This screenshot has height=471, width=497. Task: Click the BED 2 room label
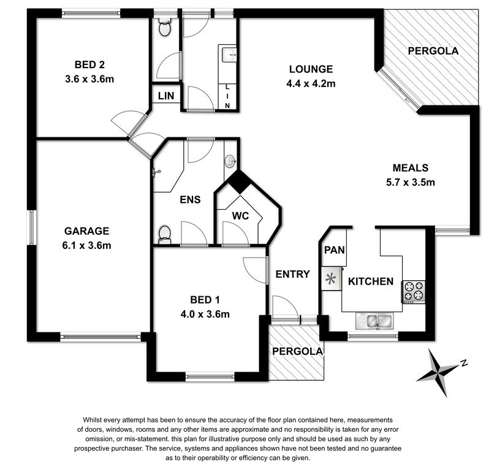pyautogui.click(x=89, y=65)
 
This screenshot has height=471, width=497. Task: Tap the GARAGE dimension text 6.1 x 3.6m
pyautogui.click(x=86, y=245)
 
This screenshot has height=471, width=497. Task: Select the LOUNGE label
pyautogui.click(x=311, y=69)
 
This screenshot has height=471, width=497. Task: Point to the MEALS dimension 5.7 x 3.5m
pyautogui.click(x=411, y=182)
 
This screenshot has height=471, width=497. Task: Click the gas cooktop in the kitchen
pyautogui.click(x=414, y=292)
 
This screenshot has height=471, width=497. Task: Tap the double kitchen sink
pyautogui.click(x=374, y=321)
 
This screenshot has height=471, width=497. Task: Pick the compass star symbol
pyautogui.click(x=438, y=372)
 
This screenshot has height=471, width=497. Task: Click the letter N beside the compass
pyautogui.click(x=465, y=363)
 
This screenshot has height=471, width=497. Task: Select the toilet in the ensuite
pyautogui.click(x=164, y=235)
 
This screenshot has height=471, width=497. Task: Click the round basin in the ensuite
pyautogui.click(x=230, y=161)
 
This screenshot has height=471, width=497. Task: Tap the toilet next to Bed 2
pyautogui.click(x=164, y=27)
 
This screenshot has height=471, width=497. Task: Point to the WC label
pyautogui.click(x=241, y=216)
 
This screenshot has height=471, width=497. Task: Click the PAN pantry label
pyautogui.click(x=335, y=250)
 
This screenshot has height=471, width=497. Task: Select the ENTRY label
pyautogui.click(x=292, y=274)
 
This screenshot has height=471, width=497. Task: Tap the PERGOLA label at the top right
pyautogui.click(x=433, y=51)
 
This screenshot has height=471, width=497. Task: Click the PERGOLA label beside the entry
pyautogui.click(x=297, y=351)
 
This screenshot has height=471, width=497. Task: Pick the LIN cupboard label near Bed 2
pyautogui.click(x=166, y=96)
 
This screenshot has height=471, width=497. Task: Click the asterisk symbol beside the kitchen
pyautogui.click(x=330, y=279)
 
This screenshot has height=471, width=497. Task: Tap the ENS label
pyautogui.click(x=190, y=199)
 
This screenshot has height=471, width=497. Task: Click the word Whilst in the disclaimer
pyautogui.click(x=92, y=420)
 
